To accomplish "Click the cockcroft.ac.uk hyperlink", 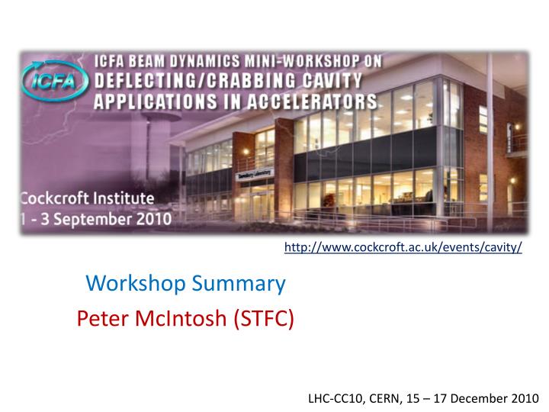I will [403, 248].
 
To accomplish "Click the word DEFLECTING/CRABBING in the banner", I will [191, 79].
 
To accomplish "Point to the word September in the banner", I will [98, 220].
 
